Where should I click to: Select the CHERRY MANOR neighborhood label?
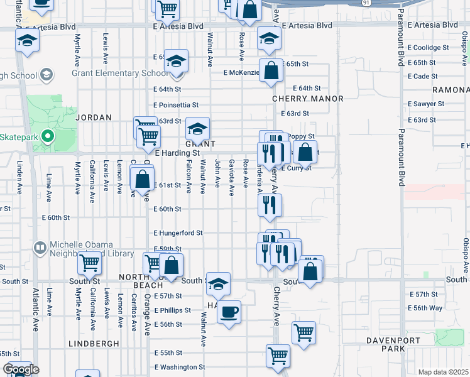[x=308, y=99]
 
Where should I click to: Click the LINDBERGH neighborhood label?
[x=93, y=344]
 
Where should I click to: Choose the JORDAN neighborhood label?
[x=94, y=117]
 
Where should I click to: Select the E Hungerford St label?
[x=178, y=232]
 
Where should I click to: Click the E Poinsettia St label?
[x=176, y=105]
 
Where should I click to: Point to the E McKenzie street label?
[x=241, y=72]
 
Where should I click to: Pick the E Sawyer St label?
[x=426, y=104]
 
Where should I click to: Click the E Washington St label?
[x=180, y=367]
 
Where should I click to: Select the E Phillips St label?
[x=172, y=310]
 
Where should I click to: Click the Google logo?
[x=21, y=369]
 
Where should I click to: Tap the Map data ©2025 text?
[x=444, y=372]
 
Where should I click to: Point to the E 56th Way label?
[x=425, y=308]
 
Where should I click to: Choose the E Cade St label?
[x=422, y=76]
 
